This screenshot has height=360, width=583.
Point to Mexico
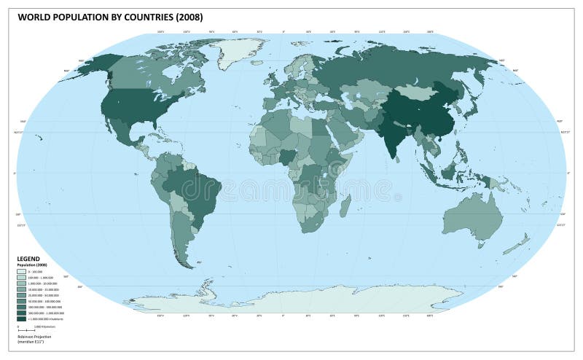click(x=120, y=131)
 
